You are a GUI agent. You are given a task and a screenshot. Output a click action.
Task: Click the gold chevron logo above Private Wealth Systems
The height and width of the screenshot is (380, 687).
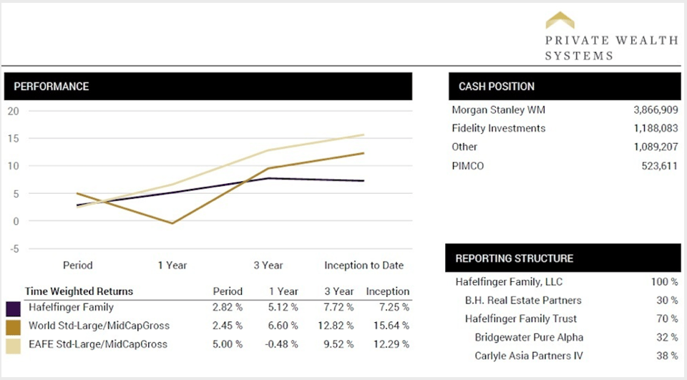pos(560,19)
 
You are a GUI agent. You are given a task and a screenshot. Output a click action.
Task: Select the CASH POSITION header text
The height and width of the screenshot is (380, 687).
pos(497,87)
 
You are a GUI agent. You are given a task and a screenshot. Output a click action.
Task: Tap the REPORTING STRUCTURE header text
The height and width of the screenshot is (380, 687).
pos(515,258)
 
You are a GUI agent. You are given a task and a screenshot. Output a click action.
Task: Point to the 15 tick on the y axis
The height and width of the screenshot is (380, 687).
pos(14,138)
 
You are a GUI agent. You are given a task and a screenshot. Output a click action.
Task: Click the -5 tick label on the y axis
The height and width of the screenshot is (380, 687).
pos(14,248)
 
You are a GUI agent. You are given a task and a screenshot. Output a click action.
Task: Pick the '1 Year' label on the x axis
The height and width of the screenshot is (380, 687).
pos(172,265)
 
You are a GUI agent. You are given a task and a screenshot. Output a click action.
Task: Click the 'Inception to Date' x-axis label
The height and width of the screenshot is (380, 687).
pos(364,265)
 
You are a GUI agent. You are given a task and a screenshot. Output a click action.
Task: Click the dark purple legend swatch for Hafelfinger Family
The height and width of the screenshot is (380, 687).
pos(13,308)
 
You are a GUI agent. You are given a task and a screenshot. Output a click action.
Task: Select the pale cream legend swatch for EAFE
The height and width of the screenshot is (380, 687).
pos(13,345)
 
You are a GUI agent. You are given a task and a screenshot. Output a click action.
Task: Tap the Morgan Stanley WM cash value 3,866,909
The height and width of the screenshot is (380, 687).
pos(656,110)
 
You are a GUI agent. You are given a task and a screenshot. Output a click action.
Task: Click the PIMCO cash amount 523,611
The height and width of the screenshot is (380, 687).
pos(660,165)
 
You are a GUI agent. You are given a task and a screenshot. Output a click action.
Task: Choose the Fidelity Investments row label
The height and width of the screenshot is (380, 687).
pos(499,129)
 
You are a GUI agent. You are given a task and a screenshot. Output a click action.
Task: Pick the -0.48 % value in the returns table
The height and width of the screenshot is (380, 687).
pos(283,344)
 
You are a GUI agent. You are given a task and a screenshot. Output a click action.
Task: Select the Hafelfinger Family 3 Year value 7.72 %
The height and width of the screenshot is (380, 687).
pos(339,308)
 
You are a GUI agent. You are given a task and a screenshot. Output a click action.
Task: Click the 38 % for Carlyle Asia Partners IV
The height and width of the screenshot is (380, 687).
pos(667,356)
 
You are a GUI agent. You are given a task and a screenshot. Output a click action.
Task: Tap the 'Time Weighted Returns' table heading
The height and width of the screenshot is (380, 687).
pos(79,291)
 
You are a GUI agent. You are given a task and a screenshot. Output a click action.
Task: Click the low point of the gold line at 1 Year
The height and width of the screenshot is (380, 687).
pos(172,223)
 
